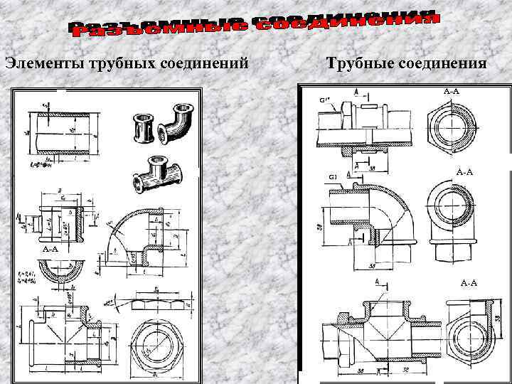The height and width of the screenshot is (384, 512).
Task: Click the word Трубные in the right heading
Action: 357,63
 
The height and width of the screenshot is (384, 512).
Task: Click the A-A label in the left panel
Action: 50,250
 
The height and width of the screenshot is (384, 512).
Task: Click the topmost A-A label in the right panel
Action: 451,92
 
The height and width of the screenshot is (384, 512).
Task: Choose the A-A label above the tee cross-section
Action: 469,283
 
